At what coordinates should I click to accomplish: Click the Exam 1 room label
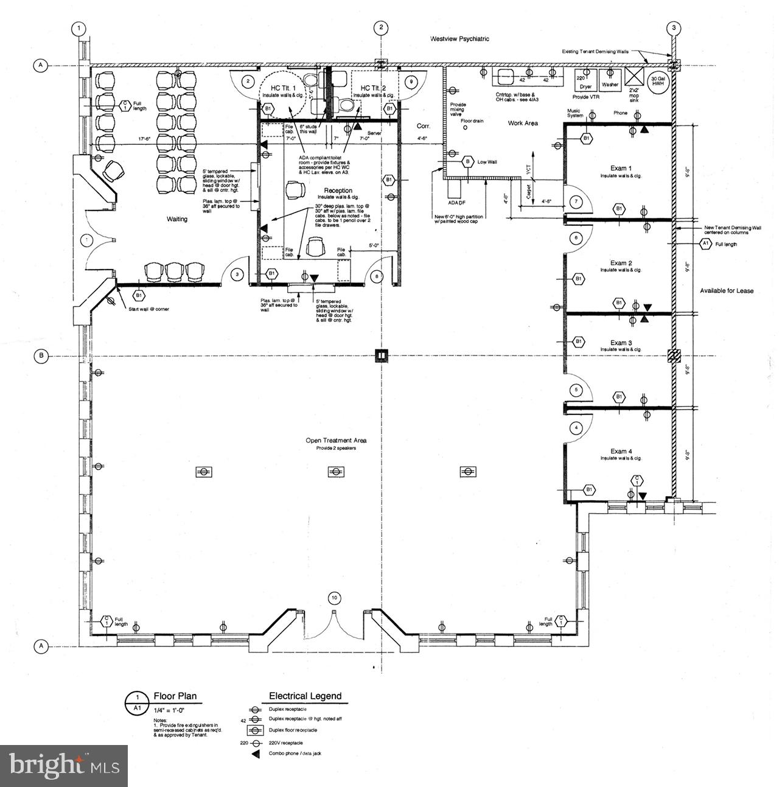click(x=621, y=168)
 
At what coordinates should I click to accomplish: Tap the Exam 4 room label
click(x=621, y=451)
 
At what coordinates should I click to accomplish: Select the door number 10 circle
click(x=333, y=597)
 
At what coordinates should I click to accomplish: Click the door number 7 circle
click(x=574, y=201)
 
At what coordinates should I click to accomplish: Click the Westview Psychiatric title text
click(x=459, y=39)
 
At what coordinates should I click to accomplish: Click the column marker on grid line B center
click(x=381, y=355)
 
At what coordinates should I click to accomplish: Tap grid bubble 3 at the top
click(x=673, y=27)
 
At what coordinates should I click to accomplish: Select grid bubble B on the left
click(x=41, y=356)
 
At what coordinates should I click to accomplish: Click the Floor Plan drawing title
click(x=175, y=696)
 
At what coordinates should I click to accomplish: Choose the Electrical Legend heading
click(x=305, y=696)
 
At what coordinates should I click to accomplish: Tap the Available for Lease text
click(x=726, y=291)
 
